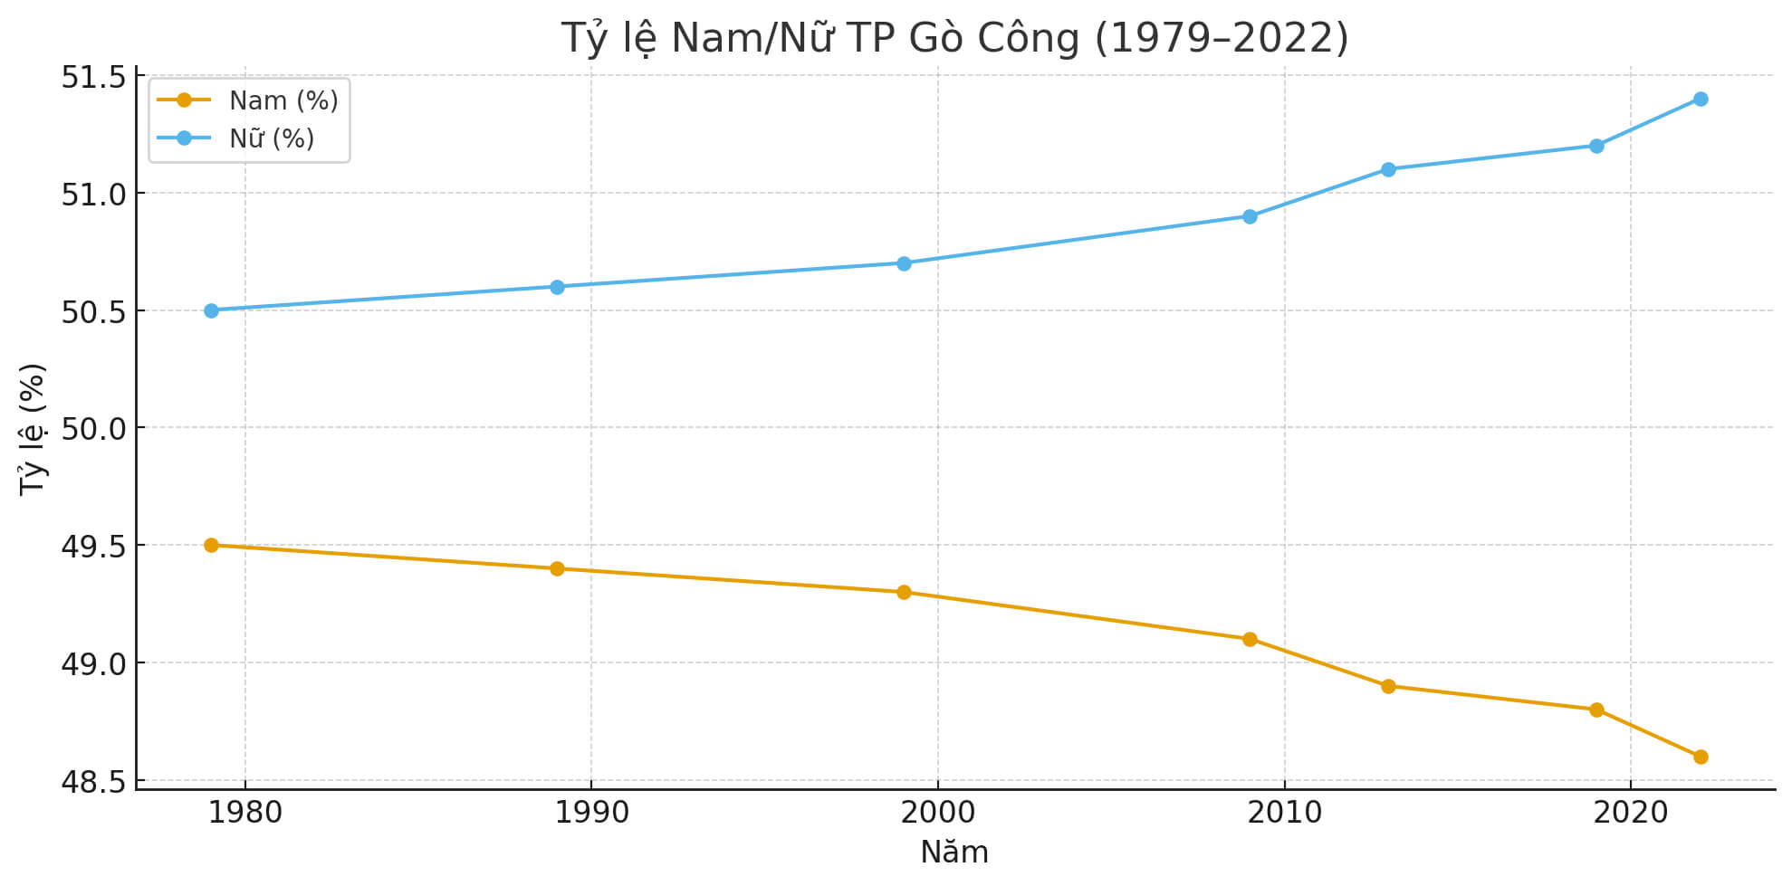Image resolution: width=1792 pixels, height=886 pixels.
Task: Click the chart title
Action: click(x=954, y=38)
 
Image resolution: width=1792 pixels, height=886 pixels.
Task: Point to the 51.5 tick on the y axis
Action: click(x=93, y=77)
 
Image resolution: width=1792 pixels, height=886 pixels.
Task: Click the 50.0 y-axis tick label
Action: click(x=93, y=428)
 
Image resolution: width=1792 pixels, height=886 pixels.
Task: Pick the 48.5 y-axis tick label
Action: click(x=93, y=781)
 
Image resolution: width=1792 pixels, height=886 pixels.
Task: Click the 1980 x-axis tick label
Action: click(x=245, y=813)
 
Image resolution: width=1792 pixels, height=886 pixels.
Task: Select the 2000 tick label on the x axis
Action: click(x=937, y=813)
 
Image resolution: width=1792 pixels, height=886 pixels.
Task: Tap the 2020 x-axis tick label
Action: click(x=1630, y=813)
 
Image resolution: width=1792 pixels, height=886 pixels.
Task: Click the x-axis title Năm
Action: click(x=954, y=853)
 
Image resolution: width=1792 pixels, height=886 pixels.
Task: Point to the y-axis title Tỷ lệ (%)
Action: click(x=33, y=428)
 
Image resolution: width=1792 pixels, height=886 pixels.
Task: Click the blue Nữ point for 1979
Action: click(x=211, y=310)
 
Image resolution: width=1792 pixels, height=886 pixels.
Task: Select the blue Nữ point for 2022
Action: click(x=1701, y=99)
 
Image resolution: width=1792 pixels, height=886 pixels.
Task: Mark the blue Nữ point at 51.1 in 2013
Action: click(x=1388, y=169)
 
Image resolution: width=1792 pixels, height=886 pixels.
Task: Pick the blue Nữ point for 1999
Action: click(x=904, y=263)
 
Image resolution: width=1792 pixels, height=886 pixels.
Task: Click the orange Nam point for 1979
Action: click(x=211, y=545)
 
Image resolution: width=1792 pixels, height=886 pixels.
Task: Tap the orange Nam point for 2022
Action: click(x=1701, y=757)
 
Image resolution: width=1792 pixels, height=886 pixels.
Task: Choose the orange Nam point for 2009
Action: click(x=1250, y=639)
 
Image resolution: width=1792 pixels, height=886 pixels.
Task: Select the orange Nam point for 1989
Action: click(x=557, y=568)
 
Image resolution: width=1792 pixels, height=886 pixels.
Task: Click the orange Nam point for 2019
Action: click(x=1596, y=710)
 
